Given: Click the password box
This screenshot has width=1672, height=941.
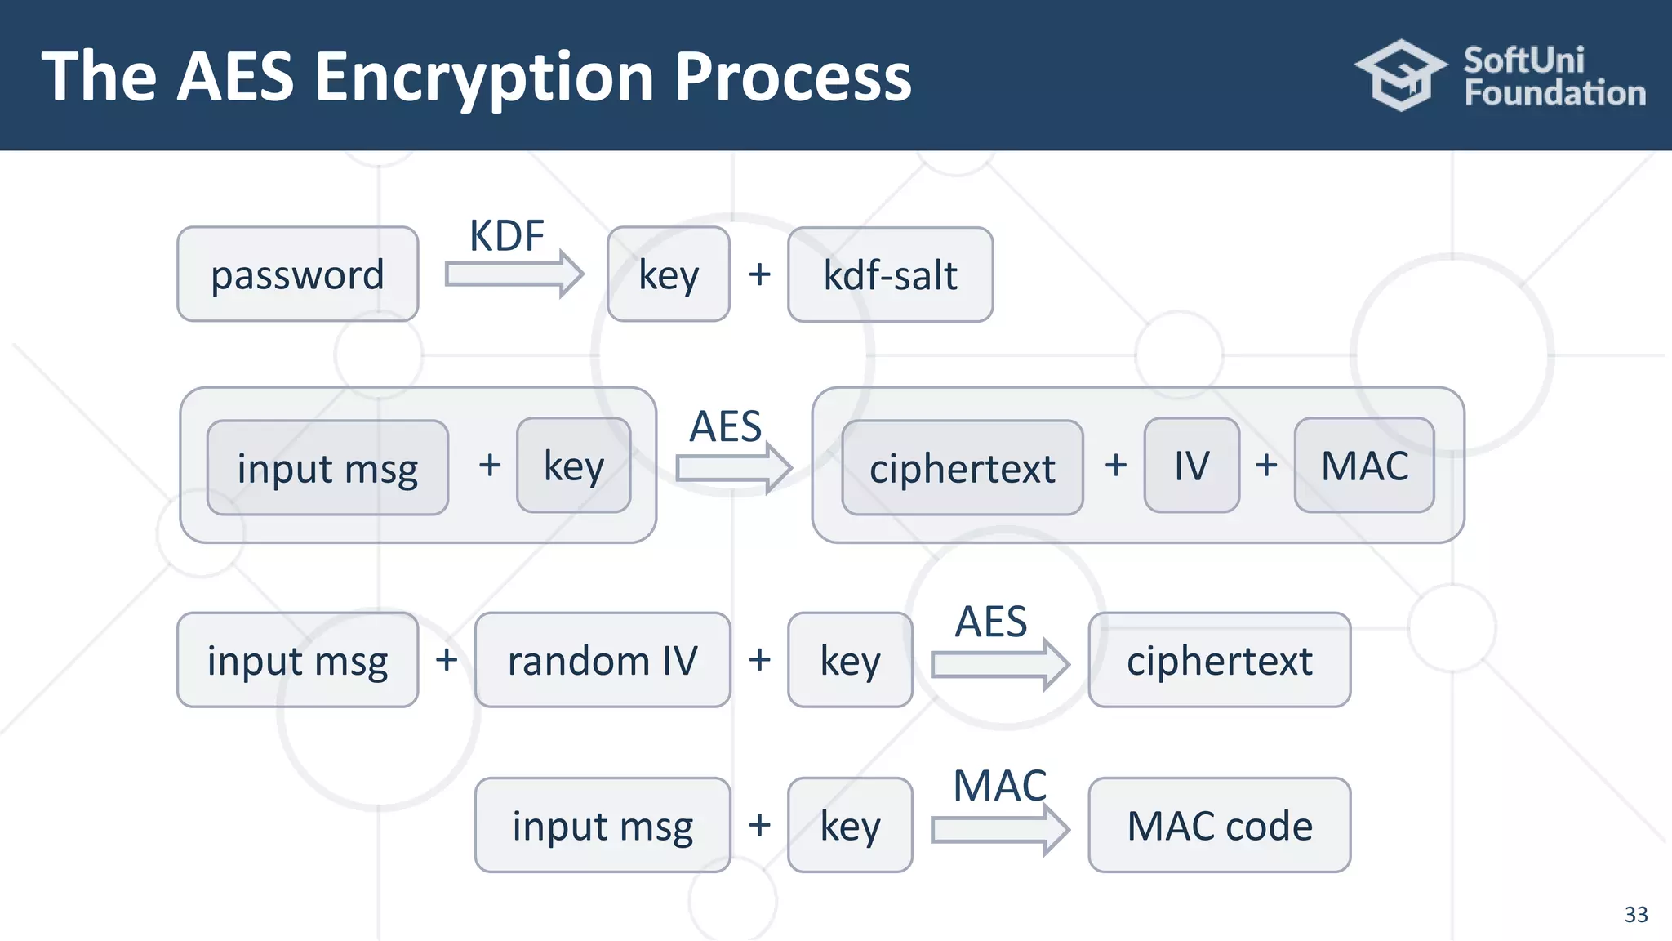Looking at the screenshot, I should [x=297, y=274].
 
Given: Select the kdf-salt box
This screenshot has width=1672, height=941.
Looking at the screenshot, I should [x=890, y=274].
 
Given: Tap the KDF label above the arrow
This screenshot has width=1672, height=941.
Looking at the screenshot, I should [x=506, y=236].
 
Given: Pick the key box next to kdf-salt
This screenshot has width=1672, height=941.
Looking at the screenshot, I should [x=669, y=274].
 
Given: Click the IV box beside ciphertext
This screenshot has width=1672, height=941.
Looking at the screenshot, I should [x=1191, y=466].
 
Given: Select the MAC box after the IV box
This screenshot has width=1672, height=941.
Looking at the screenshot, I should [x=1364, y=466].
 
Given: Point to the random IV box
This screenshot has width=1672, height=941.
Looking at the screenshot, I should [x=603, y=660].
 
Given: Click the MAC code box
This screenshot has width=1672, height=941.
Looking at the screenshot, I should [x=1219, y=825].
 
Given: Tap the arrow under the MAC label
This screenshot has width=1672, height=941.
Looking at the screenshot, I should [x=1000, y=830].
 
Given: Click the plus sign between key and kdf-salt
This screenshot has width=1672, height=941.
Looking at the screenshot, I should [x=759, y=274].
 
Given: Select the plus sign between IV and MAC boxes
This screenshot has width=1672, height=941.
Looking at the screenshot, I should [x=1266, y=466].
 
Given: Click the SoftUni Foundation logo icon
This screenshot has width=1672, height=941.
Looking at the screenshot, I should [x=1401, y=75].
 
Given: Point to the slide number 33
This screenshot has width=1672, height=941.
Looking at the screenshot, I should [x=1635, y=914].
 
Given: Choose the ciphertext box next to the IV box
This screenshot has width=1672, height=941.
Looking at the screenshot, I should [x=962, y=468].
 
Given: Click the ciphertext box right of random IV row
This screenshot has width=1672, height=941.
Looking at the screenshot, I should [x=1219, y=660].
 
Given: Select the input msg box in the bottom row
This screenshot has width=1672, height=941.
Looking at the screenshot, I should [x=603, y=825].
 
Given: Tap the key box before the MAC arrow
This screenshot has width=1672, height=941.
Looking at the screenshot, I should [x=850, y=825].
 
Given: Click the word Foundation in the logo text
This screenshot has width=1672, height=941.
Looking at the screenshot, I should [x=1554, y=93].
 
